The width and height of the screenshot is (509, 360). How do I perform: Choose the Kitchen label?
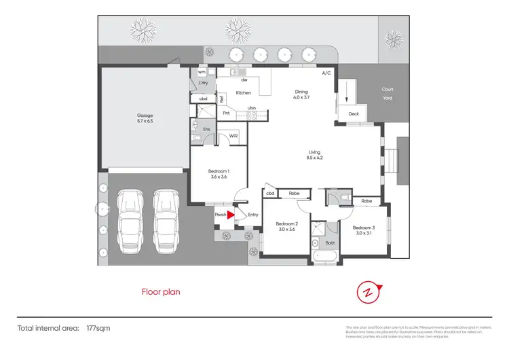pyautogui.click(x=243, y=92)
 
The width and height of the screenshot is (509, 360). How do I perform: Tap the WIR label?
pyautogui.click(x=233, y=136)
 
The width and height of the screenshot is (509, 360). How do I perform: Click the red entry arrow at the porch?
pyautogui.click(x=231, y=215)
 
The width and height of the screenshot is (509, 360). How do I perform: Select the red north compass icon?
pyautogui.click(x=367, y=292)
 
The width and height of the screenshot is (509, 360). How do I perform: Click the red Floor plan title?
pyautogui.click(x=161, y=292)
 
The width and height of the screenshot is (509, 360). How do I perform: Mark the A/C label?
pyautogui.click(x=326, y=72)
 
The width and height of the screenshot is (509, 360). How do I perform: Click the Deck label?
pyautogui.click(x=354, y=114)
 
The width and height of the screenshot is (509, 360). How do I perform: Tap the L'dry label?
pyautogui.click(x=203, y=83)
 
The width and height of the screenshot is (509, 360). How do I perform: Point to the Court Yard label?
pyautogui.click(x=388, y=93)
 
